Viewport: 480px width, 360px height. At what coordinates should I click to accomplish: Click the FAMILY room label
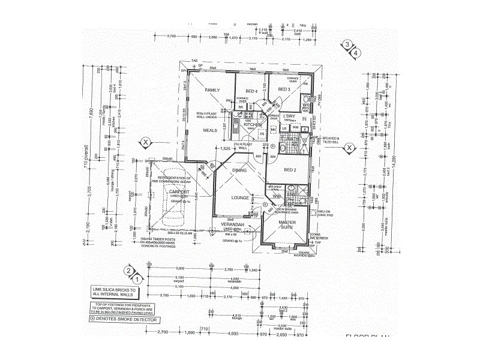[212, 90]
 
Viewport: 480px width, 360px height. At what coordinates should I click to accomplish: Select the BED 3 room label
[284, 89]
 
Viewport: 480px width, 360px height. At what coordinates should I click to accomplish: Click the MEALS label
[210, 130]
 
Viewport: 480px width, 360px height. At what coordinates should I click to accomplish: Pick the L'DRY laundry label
[290, 116]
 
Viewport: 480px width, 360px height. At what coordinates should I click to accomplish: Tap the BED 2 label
[290, 170]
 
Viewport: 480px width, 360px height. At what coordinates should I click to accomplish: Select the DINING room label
[239, 171]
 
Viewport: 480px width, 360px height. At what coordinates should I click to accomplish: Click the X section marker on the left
[145, 142]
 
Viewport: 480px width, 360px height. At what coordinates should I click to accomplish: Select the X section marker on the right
[348, 147]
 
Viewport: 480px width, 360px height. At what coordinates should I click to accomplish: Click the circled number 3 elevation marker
[347, 44]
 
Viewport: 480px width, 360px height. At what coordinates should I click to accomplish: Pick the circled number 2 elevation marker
[128, 270]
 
